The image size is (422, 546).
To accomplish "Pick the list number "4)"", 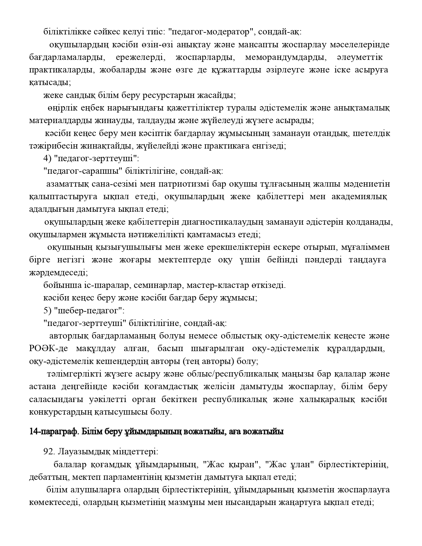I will click(x=47, y=159).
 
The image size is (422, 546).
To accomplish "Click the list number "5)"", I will click(x=47, y=311).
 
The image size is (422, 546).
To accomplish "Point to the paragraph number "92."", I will click(x=49, y=452).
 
